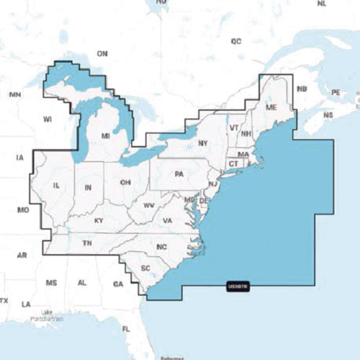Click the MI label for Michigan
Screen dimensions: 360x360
(x=105, y=135)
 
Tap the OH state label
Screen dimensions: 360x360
(x=125, y=182)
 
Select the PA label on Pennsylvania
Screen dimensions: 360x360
(x=179, y=174)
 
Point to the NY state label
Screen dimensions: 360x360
(x=202, y=143)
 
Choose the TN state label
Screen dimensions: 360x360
(x=87, y=244)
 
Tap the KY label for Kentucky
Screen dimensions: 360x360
(x=99, y=220)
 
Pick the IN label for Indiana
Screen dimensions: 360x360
(x=88, y=188)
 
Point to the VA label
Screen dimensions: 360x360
(x=167, y=220)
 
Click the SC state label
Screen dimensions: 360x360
(x=145, y=269)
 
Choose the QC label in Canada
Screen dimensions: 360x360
(x=235, y=42)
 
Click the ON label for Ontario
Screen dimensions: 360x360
(x=102, y=53)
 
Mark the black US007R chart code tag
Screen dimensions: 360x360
(x=238, y=287)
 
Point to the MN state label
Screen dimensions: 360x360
(x=14, y=94)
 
